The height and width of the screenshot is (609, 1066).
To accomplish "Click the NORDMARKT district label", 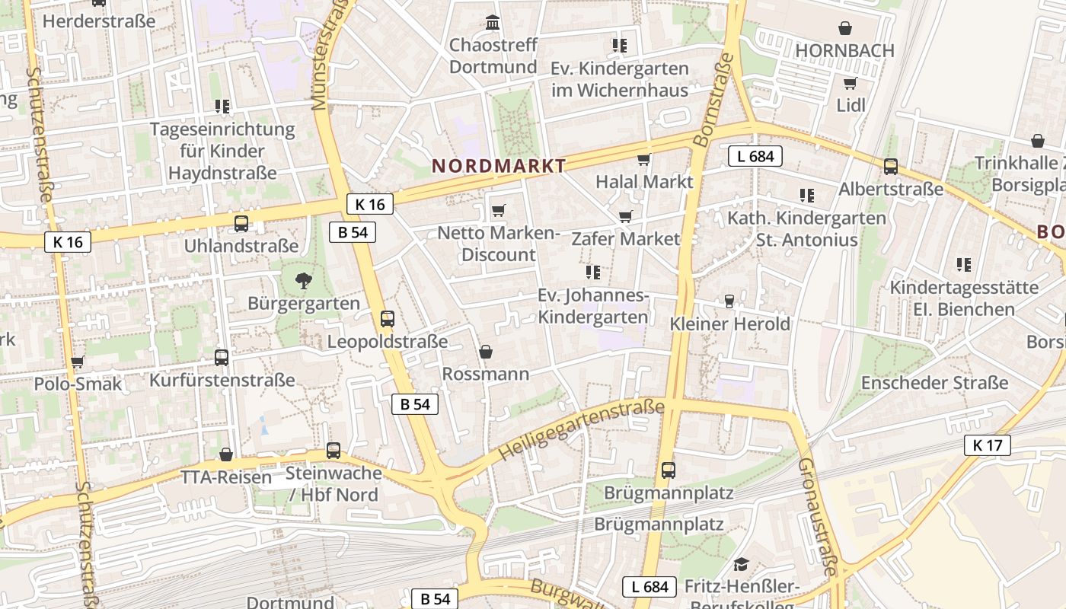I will [499, 166].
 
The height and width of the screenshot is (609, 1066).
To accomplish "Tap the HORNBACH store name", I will [844, 50].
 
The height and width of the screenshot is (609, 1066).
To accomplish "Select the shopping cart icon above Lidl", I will [850, 83].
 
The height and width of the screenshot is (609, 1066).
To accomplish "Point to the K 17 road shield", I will [988, 445].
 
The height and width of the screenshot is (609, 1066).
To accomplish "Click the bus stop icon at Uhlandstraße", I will [241, 224].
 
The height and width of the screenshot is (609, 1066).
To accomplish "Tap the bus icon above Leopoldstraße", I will [388, 319].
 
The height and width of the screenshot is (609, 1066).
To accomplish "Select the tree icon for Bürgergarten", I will [303, 281].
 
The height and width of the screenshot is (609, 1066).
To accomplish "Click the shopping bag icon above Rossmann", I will [486, 352].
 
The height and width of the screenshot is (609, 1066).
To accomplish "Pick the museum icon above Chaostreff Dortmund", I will [493, 23].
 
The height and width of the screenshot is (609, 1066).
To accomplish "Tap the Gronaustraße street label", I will [819, 518].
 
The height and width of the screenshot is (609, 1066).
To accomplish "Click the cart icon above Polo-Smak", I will [77, 362].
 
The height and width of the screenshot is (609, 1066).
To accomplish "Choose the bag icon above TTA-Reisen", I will [226, 455].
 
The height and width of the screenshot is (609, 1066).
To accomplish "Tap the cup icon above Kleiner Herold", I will [729, 301].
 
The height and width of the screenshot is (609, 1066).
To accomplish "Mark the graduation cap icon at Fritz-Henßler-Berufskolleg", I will [741, 564].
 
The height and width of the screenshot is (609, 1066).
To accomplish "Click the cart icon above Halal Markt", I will [643, 159].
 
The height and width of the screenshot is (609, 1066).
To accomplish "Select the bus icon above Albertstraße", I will [890, 166].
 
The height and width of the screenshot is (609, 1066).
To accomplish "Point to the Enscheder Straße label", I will [934, 383].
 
